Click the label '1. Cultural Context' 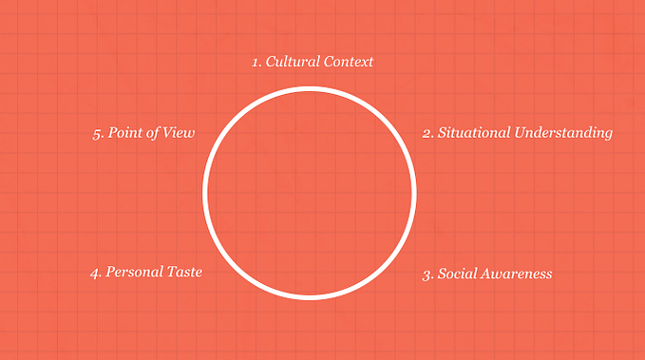pyautogui.click(x=313, y=62)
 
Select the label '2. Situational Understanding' pyautogui.click(x=517, y=133)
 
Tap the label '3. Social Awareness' pyautogui.click(x=486, y=275)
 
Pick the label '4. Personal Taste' pyautogui.click(x=146, y=273)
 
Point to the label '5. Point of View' pyautogui.click(x=143, y=133)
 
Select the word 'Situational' pyautogui.click(x=473, y=133)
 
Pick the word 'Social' pyautogui.click(x=459, y=275)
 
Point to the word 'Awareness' pyautogui.click(x=518, y=275)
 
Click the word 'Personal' pyautogui.click(x=136, y=273)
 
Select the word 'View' pyautogui.click(x=179, y=133)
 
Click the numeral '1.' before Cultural pyautogui.click(x=256, y=62)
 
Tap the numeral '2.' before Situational pyautogui.click(x=427, y=133)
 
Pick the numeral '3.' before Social pyautogui.click(x=427, y=275)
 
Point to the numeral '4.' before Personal pyautogui.click(x=96, y=273)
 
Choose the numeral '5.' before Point pyautogui.click(x=98, y=133)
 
